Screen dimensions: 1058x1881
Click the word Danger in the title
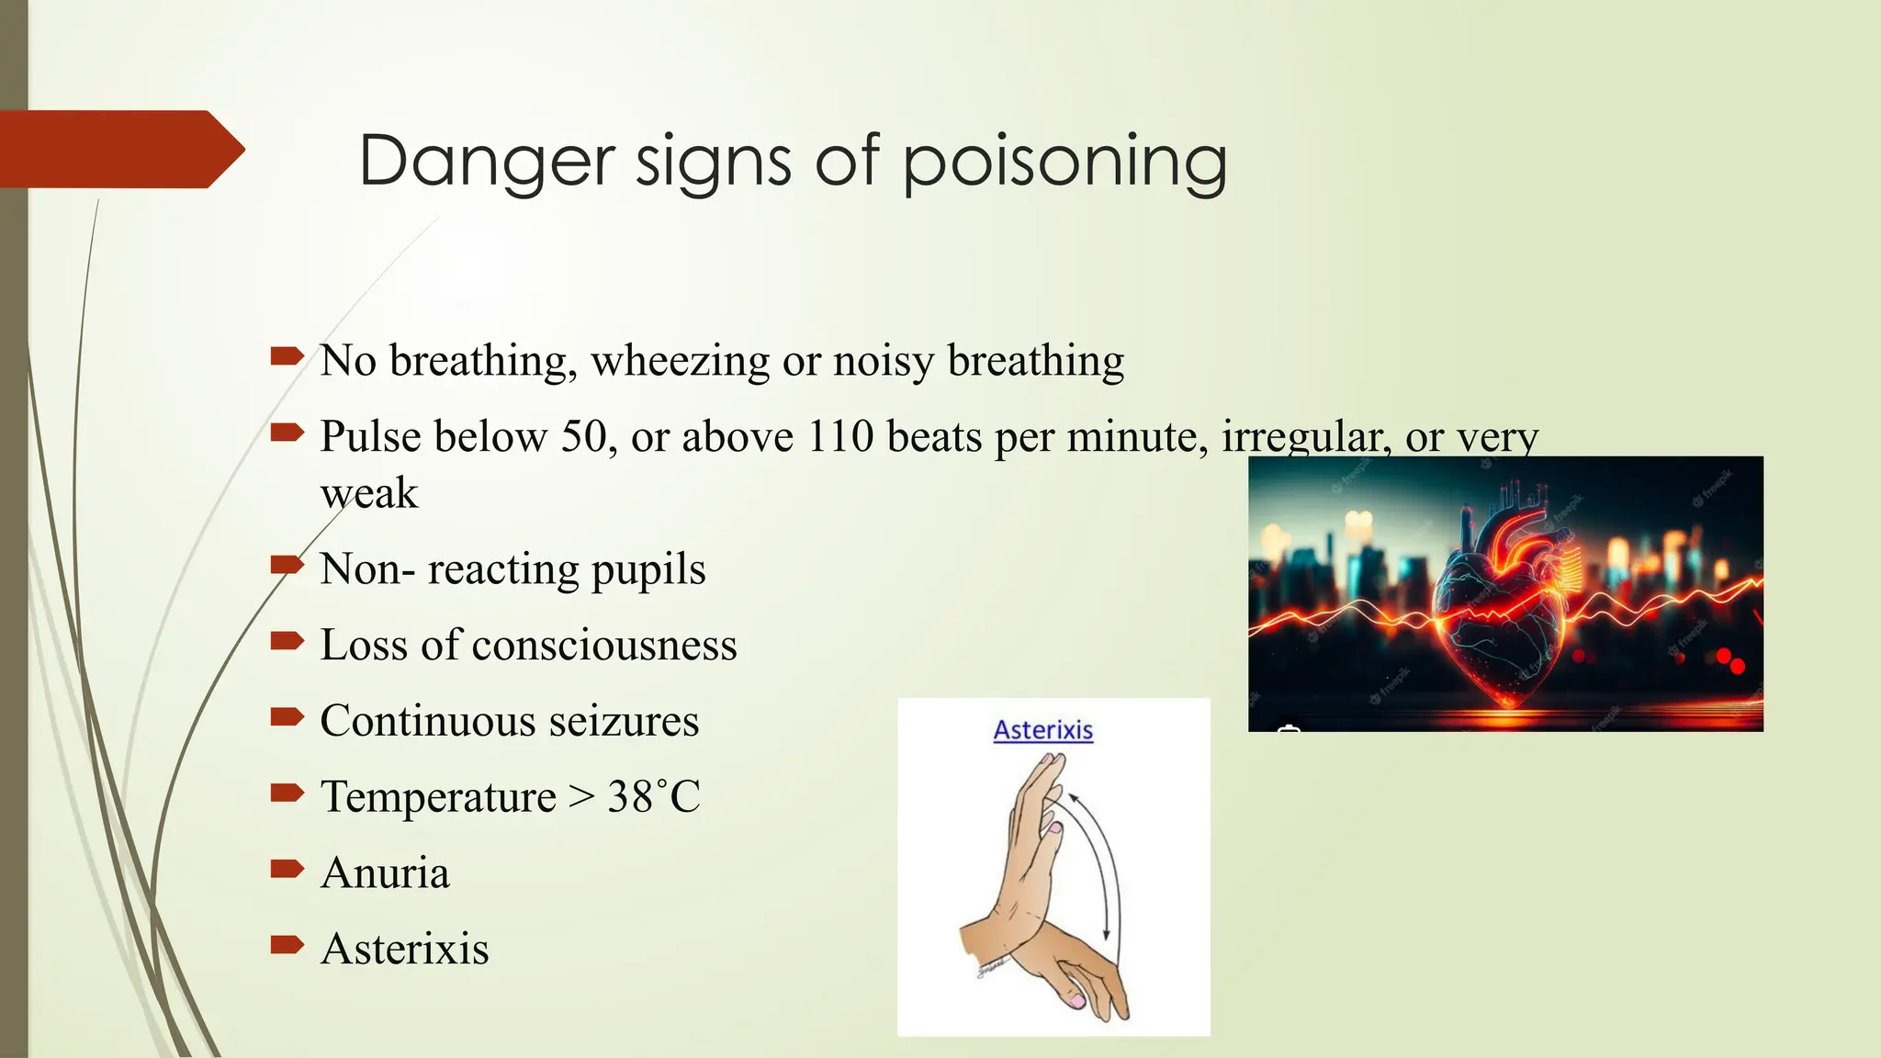[486, 161]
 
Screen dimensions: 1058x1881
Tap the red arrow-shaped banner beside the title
[119, 149]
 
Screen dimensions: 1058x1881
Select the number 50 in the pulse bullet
[584, 436]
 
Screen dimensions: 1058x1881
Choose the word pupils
[648, 569]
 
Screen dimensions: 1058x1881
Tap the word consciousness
[603, 645]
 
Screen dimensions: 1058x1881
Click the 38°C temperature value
[653, 796]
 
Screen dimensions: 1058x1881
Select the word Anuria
[385, 872]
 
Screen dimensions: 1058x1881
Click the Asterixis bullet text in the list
[404, 949]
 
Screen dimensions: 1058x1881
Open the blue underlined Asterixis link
[1043, 730]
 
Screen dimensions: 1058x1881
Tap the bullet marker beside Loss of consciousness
[287, 640]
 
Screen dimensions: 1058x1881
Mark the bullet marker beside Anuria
[287, 868]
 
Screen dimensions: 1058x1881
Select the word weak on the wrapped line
[369, 494]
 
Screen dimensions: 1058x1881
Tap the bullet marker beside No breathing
[287, 355]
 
